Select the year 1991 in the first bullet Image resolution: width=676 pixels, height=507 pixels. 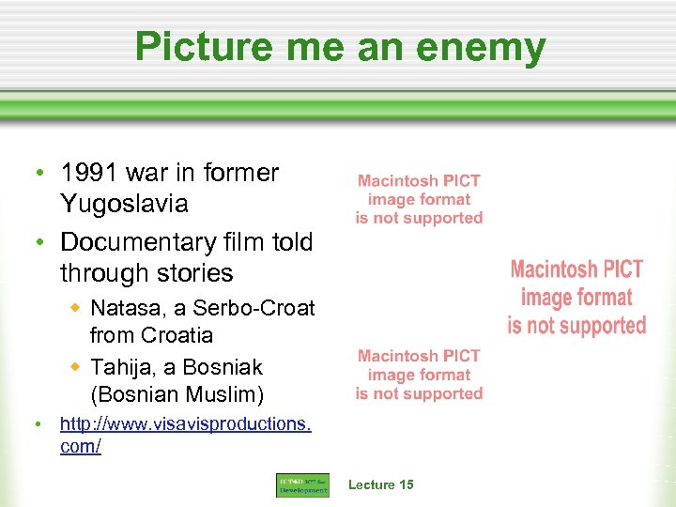tap(88, 173)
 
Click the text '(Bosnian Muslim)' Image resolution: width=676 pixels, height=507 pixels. tap(177, 394)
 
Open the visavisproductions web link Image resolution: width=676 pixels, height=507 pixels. tap(185, 434)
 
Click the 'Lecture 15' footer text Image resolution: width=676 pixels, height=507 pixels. tap(380, 484)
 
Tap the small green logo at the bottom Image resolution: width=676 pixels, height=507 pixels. tap(302, 485)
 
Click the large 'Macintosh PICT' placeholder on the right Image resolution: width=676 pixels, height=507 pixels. tap(576, 298)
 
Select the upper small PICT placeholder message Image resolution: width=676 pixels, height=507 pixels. tap(419, 199)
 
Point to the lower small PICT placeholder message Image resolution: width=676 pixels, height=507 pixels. tap(419, 375)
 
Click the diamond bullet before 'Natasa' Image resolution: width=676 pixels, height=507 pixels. tap(80, 307)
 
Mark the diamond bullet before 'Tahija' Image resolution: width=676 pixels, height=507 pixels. tap(80, 366)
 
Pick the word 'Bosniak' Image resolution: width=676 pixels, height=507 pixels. tap(223, 367)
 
